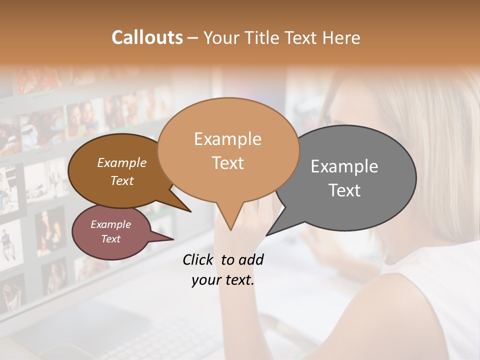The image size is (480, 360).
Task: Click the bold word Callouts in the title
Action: (x=147, y=37)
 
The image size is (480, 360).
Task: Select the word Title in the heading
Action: (x=260, y=37)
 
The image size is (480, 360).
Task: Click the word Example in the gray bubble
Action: (x=344, y=166)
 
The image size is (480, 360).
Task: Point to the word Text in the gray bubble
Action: (x=344, y=190)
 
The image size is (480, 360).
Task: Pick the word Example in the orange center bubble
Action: (x=227, y=139)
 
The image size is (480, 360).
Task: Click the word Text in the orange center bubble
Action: (x=227, y=163)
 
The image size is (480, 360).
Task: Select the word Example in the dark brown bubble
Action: (x=122, y=162)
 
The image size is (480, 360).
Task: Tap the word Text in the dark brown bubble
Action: (x=122, y=180)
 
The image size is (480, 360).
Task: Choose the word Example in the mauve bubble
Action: (x=111, y=224)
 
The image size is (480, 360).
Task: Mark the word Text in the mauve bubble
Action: (x=111, y=239)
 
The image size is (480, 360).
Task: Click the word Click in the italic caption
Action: (x=199, y=259)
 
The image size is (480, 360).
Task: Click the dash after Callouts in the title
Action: (x=193, y=37)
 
